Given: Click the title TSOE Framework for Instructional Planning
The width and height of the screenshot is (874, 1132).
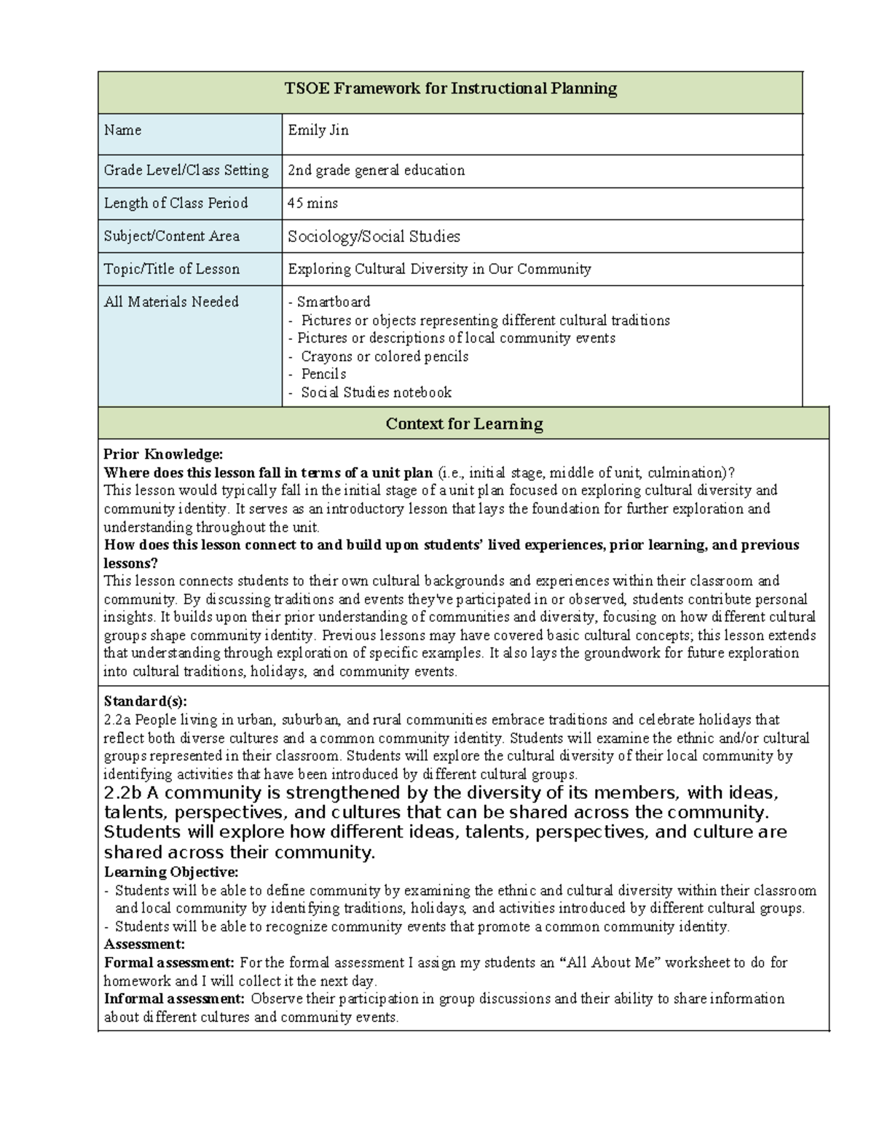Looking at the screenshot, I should point(450,89).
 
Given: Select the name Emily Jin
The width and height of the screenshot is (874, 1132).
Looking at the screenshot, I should point(318,130).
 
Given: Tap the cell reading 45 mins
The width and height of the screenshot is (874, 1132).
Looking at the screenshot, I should point(313,203).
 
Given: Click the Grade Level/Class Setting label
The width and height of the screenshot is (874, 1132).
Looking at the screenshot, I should point(186,171).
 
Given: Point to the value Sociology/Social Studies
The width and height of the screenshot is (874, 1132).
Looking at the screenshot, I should point(374,236).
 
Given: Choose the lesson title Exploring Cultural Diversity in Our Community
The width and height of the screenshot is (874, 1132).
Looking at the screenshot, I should point(439,269).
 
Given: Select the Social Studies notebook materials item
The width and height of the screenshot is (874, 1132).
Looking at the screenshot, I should point(376,392).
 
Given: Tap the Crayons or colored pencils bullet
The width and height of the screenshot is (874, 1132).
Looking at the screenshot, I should point(384,356).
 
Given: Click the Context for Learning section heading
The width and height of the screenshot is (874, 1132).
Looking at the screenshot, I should point(464,423).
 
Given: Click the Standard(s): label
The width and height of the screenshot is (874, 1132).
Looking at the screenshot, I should point(146,701).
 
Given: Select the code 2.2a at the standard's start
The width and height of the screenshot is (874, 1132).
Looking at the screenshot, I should point(118,719).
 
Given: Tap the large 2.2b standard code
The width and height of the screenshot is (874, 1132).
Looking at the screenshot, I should point(123,793).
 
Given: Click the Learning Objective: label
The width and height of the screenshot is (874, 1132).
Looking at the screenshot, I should point(171,872).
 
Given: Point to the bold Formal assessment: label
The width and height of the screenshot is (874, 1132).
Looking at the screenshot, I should point(169,962).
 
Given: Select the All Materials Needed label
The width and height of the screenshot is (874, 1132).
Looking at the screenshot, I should point(171,302).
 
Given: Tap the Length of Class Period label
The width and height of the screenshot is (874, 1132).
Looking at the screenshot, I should point(176,203).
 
